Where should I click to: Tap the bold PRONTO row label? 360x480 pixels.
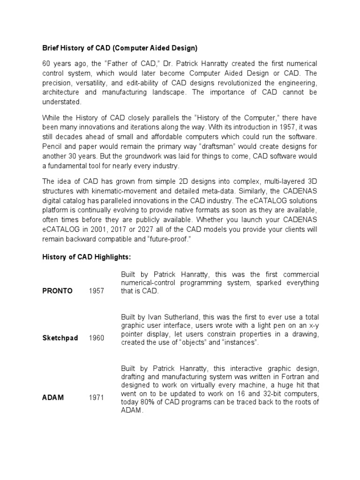point(57,291)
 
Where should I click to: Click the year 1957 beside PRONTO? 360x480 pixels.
point(97,291)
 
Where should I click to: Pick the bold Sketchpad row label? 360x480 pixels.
point(60,338)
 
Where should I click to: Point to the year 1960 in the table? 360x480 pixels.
point(97,338)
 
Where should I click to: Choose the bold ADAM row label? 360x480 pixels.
point(52,397)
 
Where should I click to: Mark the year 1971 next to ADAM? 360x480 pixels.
point(97,397)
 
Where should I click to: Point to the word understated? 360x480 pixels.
point(61,102)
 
